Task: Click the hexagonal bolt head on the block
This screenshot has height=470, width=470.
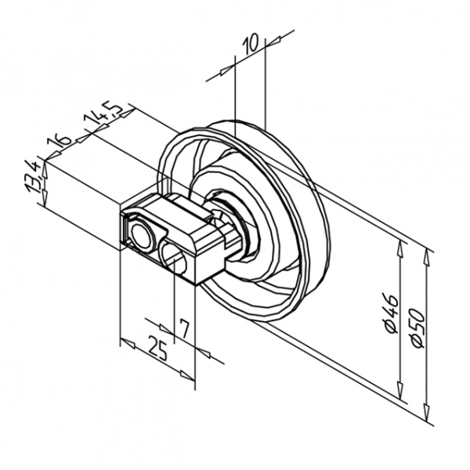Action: pyautogui.click(x=140, y=233)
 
